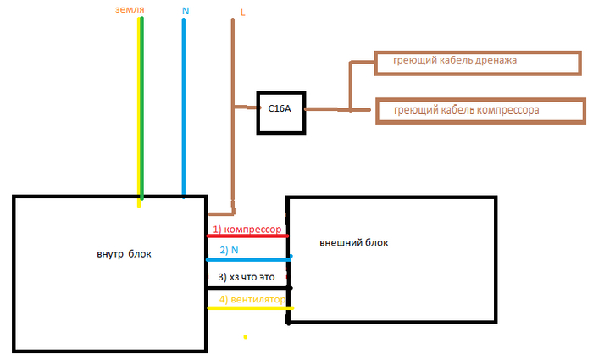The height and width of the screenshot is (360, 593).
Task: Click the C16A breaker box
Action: (281, 108)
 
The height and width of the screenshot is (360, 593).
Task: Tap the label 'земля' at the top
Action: (128, 9)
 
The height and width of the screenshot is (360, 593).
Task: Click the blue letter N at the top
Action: (186, 10)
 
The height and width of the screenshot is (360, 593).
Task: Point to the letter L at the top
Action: (243, 14)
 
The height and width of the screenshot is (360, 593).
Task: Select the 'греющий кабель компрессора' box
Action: (479, 111)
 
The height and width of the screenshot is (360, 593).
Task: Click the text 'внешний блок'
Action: (354, 243)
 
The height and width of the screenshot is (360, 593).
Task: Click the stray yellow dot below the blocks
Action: (245, 337)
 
